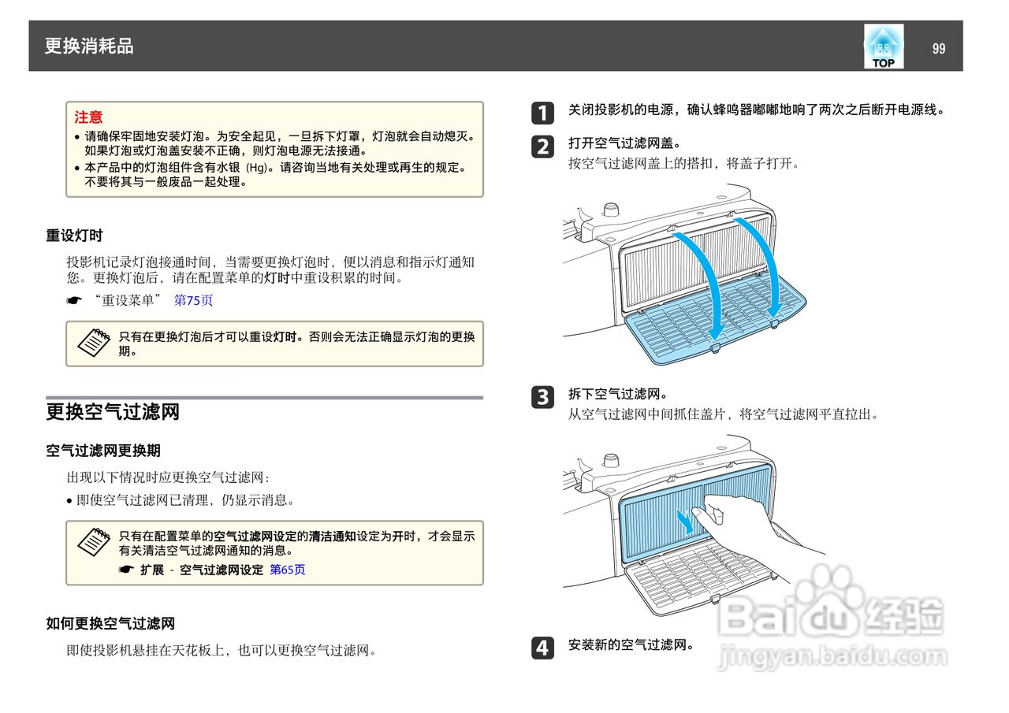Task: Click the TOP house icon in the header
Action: point(883,46)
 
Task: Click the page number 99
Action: point(938,48)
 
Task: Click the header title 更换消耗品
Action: point(89,46)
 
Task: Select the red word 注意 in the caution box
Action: point(88,117)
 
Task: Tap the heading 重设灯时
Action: point(74,236)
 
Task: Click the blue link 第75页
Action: point(193,300)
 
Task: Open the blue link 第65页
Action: point(287,570)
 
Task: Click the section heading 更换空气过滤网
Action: point(113,411)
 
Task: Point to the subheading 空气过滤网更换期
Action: point(102,451)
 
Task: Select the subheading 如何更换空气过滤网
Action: point(110,624)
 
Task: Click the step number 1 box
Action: point(542,113)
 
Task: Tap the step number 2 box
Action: point(542,147)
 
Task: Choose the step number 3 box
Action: point(542,397)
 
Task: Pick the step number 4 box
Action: point(542,648)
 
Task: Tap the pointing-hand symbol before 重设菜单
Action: point(74,301)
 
